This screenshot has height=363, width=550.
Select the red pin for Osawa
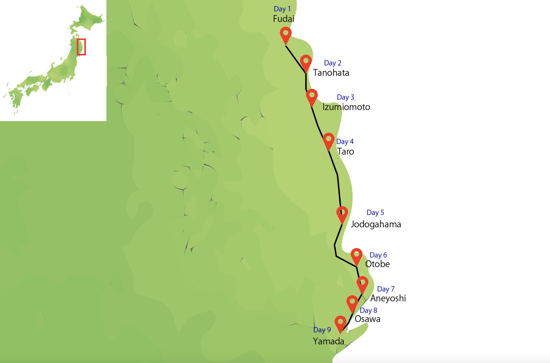click(352, 303)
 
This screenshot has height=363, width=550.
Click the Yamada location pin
click(340, 323)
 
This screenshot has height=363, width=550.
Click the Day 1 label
click(282, 9)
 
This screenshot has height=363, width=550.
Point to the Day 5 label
click(375, 213)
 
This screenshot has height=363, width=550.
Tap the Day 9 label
click(322, 330)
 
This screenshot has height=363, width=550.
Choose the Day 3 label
click(345, 97)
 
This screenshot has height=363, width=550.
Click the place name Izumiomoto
click(346, 107)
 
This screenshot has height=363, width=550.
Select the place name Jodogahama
click(376, 224)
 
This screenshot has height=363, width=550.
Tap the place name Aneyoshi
click(388, 298)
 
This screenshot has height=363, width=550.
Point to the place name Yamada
click(328, 341)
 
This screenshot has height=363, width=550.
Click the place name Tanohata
click(331, 73)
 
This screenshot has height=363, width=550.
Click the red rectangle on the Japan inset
click(81, 47)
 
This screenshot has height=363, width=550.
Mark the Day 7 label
click(386, 289)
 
